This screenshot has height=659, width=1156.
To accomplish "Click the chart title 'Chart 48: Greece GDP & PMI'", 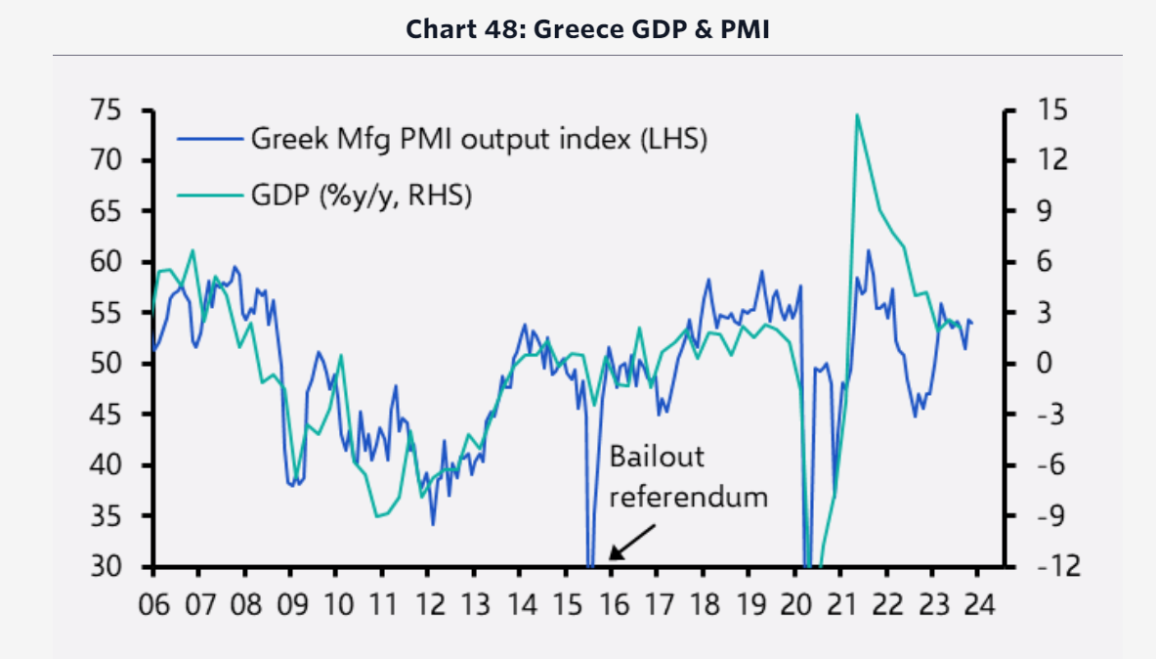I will click(587, 29).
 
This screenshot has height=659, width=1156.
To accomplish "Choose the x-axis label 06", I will click(153, 603).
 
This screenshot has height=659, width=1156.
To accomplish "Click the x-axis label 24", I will click(978, 603).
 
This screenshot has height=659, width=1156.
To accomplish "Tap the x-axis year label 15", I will click(566, 603).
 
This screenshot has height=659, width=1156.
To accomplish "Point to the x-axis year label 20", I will click(795, 603).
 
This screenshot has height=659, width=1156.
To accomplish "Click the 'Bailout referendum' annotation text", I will click(688, 476).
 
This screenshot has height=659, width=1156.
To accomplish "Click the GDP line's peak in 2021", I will click(856, 115).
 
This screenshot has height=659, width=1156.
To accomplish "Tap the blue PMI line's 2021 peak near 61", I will click(868, 250).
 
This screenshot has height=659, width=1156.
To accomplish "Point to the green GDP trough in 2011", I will click(377, 515).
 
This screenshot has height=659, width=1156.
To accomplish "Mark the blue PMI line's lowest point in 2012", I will click(433, 524).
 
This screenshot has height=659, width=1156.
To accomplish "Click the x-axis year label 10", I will click(336, 603).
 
